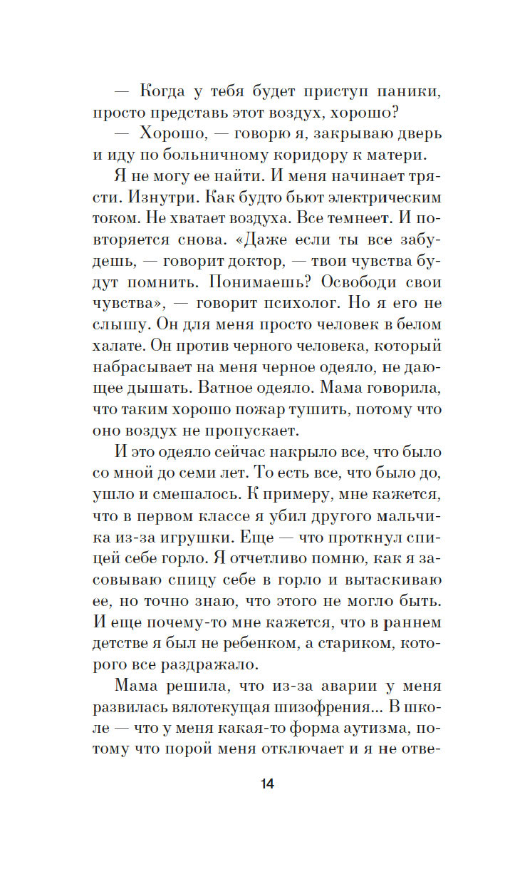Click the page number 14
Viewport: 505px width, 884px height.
pos(267,784)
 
